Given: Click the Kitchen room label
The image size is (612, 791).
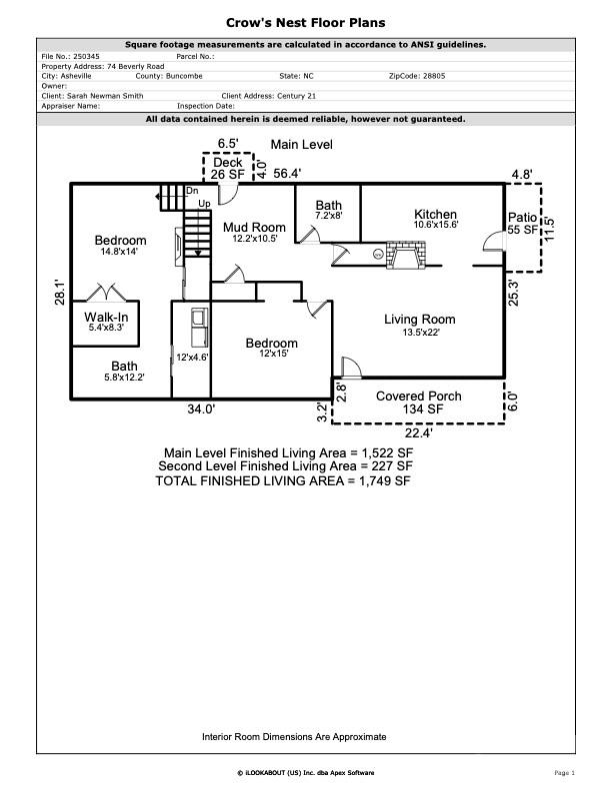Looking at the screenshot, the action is click(x=435, y=214).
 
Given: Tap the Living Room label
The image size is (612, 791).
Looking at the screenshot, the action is click(x=420, y=319).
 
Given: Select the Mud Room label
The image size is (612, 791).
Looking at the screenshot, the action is click(x=254, y=228).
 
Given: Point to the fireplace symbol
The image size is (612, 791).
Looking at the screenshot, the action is click(x=405, y=255).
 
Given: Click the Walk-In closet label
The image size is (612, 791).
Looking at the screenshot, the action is click(x=106, y=317).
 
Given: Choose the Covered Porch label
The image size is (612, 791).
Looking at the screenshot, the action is click(x=419, y=396).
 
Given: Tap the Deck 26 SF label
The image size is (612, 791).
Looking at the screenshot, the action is click(x=228, y=169).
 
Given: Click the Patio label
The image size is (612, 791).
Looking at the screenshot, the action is click(x=522, y=217).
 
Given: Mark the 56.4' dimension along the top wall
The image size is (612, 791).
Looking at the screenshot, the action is click(x=287, y=174).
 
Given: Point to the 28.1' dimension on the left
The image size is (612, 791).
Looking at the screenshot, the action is click(x=60, y=292).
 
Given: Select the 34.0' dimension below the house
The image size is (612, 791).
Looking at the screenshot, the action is click(x=201, y=409).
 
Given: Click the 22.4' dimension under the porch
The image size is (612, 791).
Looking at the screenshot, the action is click(x=419, y=432).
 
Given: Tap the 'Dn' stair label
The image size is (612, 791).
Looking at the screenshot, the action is click(x=192, y=191).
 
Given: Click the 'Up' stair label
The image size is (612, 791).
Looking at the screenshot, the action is click(x=205, y=204).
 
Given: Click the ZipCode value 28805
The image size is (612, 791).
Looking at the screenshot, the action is click(x=434, y=76).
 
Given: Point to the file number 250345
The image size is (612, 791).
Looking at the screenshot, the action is click(x=86, y=57).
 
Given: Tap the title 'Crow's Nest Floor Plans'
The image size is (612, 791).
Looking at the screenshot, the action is click(x=305, y=23).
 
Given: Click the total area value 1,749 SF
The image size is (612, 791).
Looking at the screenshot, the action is click(x=385, y=480).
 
